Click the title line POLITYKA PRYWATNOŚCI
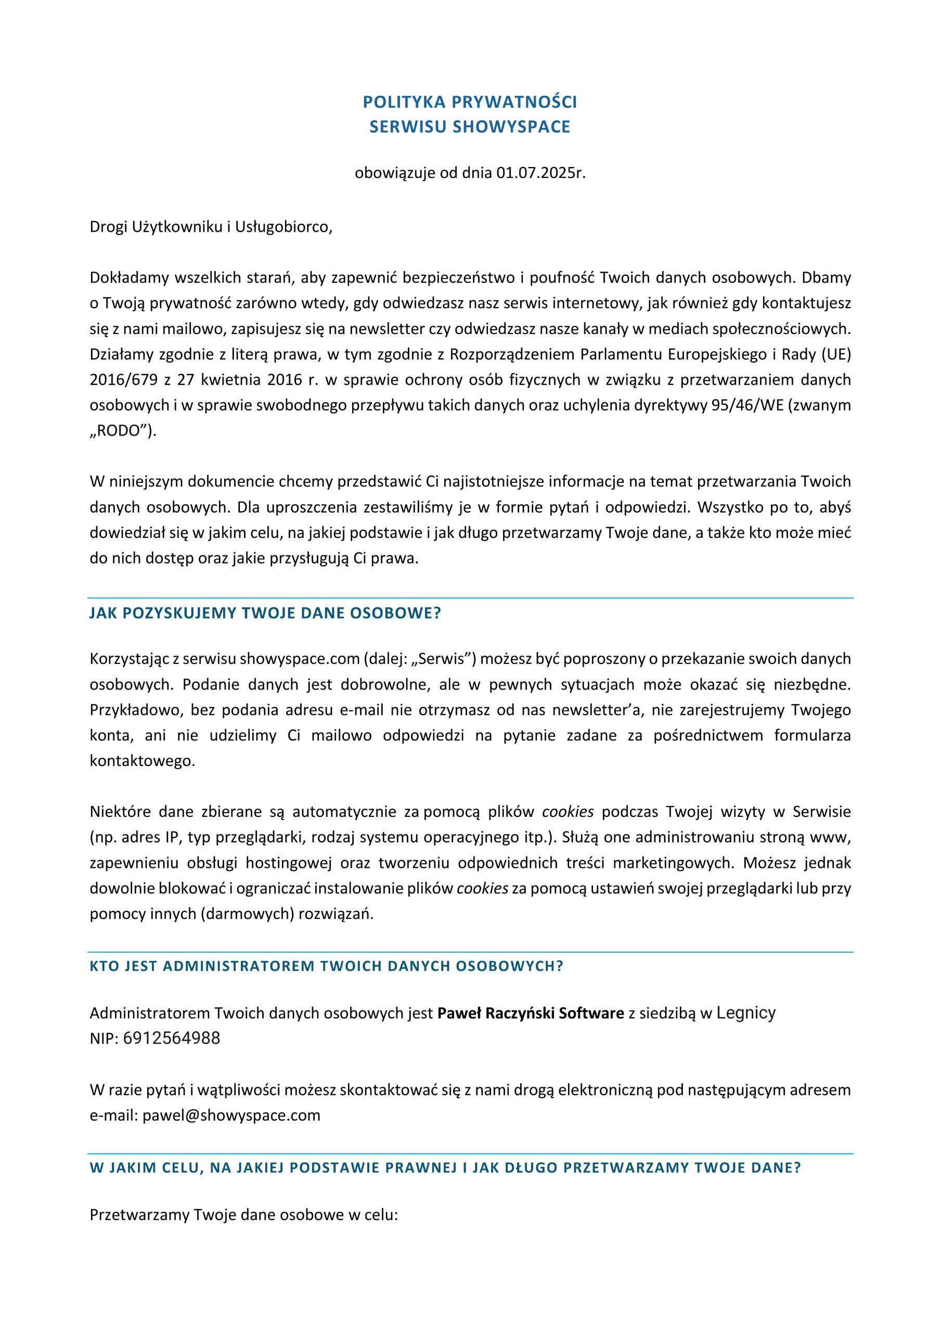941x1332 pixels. tap(470, 102)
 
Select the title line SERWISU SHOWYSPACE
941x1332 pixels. tap(470, 127)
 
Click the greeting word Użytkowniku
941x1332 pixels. tap(176, 227)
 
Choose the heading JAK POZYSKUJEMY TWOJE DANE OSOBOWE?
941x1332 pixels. tap(265, 613)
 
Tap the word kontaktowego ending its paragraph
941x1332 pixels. tap(142, 761)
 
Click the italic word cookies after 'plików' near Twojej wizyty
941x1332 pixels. tap(568, 812)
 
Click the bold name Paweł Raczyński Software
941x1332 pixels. tap(530, 1014)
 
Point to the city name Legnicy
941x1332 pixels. tap(745, 1013)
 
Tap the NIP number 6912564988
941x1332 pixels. tap(171, 1039)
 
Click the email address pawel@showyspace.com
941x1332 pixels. tap(231, 1115)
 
